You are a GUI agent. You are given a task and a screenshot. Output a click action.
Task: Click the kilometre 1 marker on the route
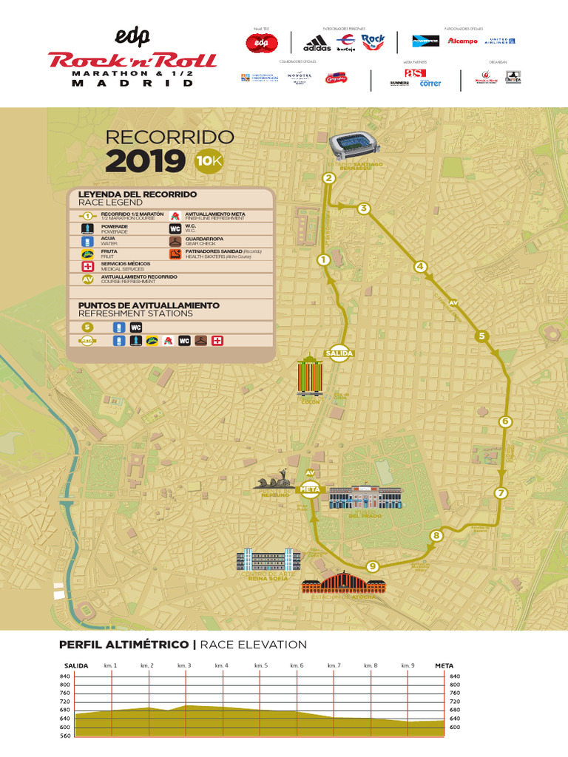(x=322, y=259)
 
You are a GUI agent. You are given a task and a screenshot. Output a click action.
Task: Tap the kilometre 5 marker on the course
(x=482, y=336)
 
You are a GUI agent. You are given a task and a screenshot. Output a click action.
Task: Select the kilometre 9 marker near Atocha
(x=372, y=566)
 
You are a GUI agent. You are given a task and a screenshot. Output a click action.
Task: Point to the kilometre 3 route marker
(x=363, y=208)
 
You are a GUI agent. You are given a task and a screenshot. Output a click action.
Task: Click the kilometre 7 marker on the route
(x=501, y=493)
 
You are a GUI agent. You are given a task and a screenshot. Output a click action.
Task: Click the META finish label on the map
(x=309, y=489)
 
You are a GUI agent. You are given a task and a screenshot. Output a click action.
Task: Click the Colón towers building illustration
(x=311, y=378)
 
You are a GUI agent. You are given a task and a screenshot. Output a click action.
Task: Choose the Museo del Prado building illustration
(x=366, y=498)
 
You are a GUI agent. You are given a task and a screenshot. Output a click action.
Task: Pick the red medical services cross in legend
(x=87, y=266)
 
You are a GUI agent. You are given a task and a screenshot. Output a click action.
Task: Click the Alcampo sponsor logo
(x=462, y=41)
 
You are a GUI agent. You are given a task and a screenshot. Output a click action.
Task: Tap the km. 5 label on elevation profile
(x=261, y=666)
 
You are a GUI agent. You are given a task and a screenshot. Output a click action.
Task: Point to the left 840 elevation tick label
(x=64, y=676)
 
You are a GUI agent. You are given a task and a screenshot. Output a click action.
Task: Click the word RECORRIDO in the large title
(x=169, y=137)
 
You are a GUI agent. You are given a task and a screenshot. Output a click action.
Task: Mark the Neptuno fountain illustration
(x=275, y=483)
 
